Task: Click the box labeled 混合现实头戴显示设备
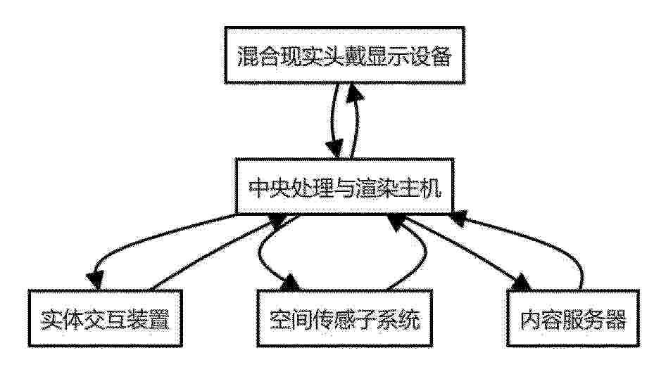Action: coord(344,56)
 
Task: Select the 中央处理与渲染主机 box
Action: coord(344,186)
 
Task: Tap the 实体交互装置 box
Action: coord(105,318)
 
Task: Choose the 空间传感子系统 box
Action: coord(344,318)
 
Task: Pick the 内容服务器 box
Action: coord(573,318)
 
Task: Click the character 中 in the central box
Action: coord(259,188)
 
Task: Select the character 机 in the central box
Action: coord(430,188)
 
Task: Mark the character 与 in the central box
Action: coord(344,188)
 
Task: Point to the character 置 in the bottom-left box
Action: coord(159,320)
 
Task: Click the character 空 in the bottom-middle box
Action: coord(280,320)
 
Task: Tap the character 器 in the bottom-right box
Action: coord(615,320)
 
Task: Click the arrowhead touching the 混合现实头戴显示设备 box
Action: coord(355,91)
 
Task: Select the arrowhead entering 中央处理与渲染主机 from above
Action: coord(335,148)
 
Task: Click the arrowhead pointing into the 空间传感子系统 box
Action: coord(290,283)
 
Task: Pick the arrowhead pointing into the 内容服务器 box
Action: coord(522,282)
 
